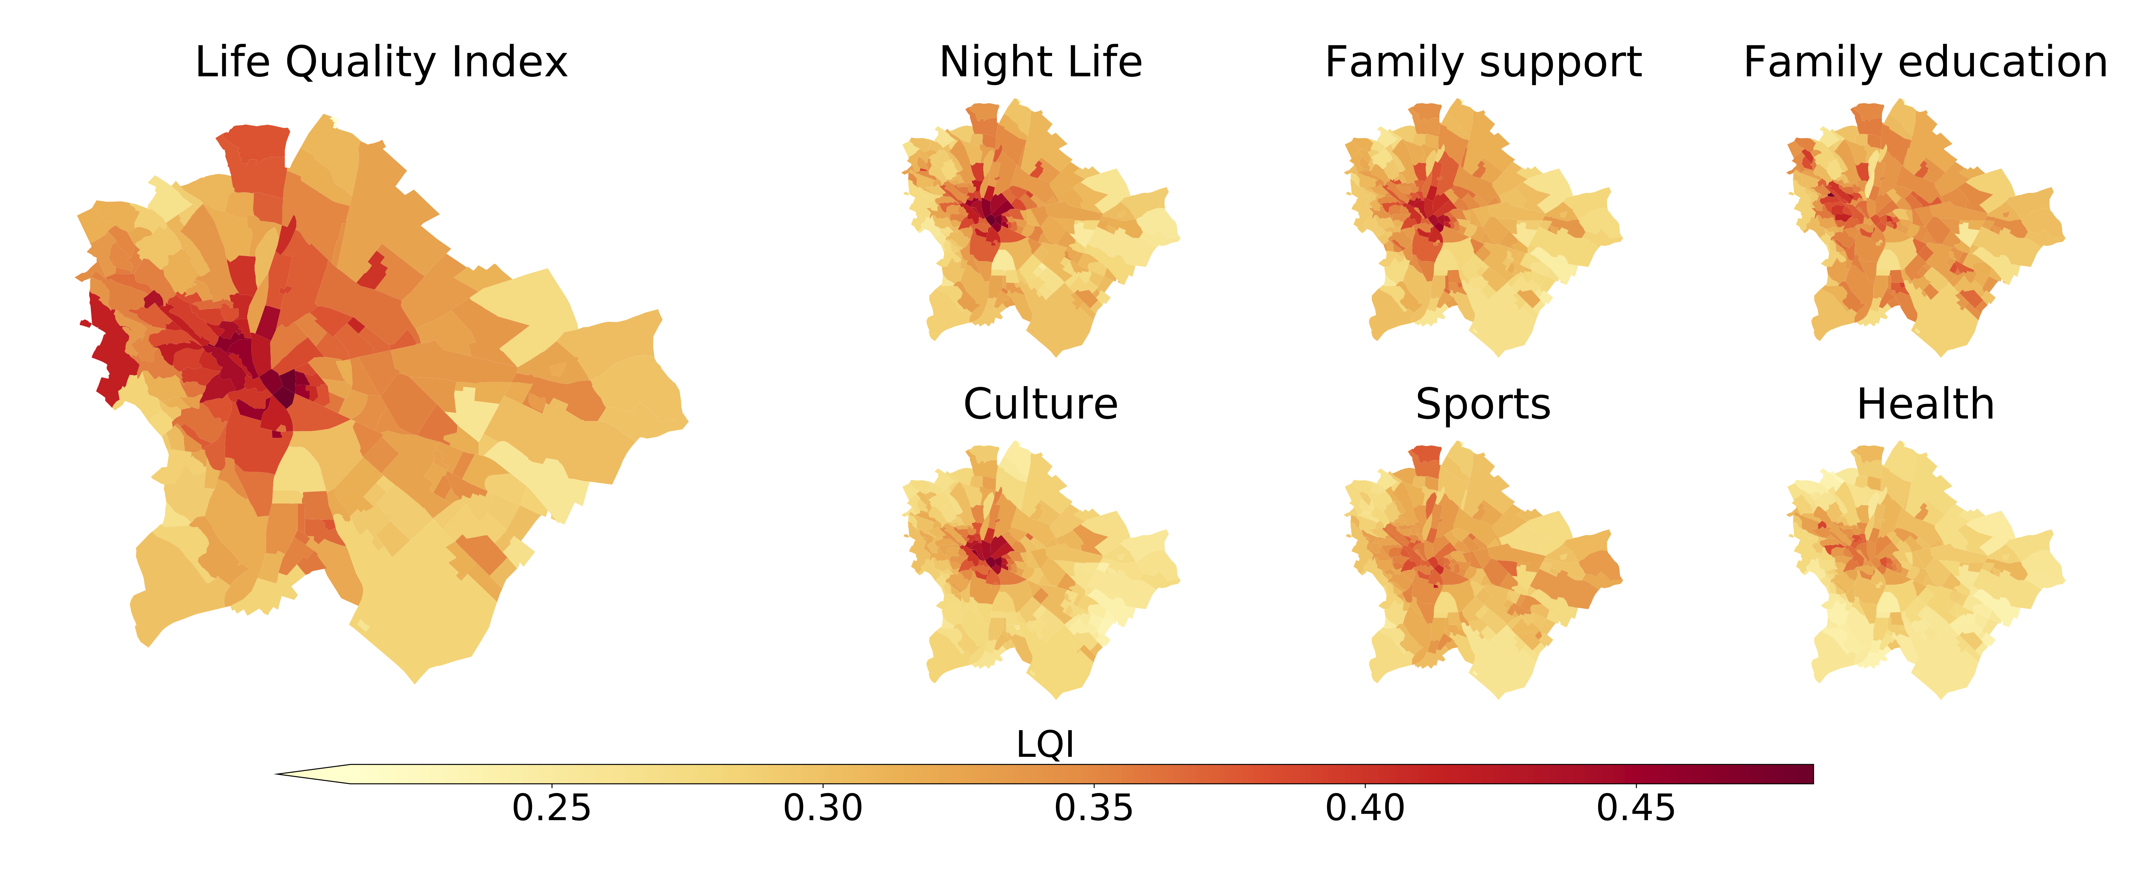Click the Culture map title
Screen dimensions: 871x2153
pos(1041,404)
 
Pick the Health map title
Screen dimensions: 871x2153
pos(1925,404)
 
